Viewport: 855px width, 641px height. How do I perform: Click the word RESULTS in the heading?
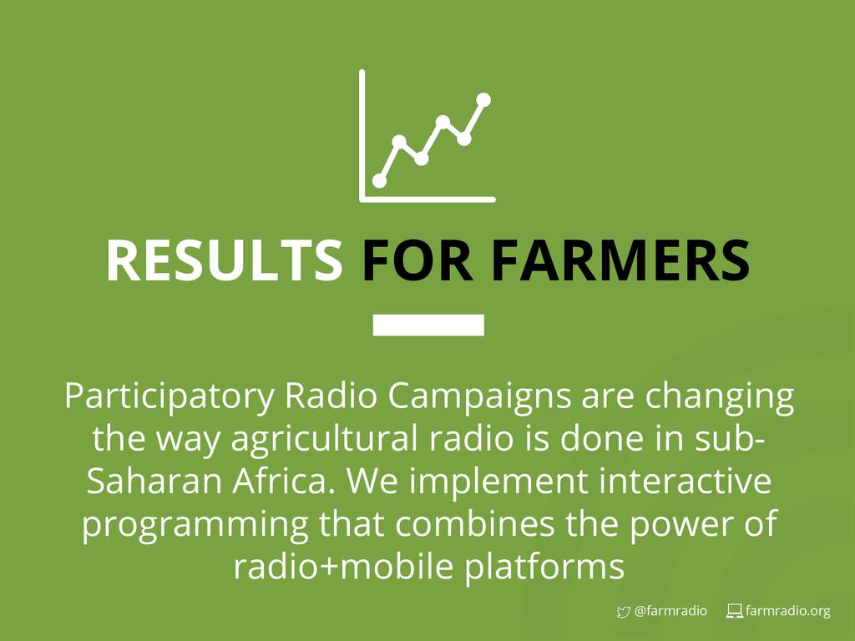(x=224, y=260)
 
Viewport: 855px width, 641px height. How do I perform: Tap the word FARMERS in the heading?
(x=620, y=260)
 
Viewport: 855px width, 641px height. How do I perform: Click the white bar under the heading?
(x=428, y=325)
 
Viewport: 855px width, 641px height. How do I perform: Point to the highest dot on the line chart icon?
(x=483, y=100)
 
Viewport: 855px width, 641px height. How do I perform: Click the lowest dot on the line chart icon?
(x=380, y=181)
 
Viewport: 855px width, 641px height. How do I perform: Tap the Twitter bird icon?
(x=623, y=612)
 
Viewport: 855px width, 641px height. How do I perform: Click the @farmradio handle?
(x=670, y=611)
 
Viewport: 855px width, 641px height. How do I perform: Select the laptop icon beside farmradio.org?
(x=735, y=612)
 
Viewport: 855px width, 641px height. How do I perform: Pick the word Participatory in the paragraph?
(x=169, y=397)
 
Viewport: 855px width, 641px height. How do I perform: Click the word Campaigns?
(x=479, y=397)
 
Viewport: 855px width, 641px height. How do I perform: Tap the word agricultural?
(x=326, y=439)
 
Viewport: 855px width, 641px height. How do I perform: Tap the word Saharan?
(x=154, y=482)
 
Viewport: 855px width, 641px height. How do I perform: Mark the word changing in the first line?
(x=720, y=397)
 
